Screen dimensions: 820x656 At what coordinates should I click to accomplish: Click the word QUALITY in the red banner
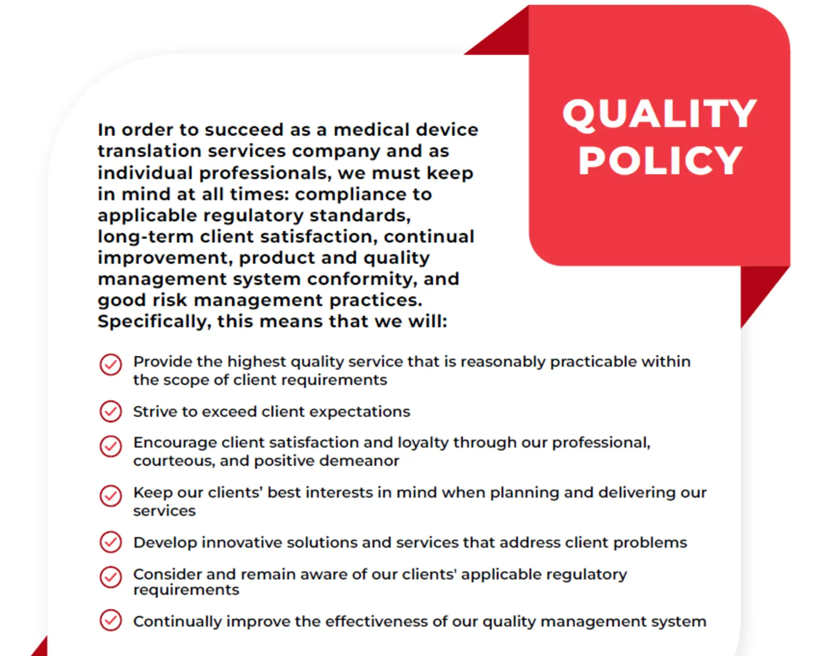pyautogui.click(x=659, y=115)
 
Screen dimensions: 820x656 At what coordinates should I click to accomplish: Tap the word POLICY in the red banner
pyautogui.click(x=660, y=161)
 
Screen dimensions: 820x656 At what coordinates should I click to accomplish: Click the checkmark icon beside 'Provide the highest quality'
pyautogui.click(x=111, y=364)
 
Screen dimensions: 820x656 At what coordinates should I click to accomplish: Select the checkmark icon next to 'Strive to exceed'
pyautogui.click(x=111, y=411)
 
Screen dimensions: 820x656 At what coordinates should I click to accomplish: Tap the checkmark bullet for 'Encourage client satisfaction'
pyautogui.click(x=111, y=446)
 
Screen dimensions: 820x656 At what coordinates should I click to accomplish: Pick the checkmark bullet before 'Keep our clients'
pyautogui.click(x=111, y=496)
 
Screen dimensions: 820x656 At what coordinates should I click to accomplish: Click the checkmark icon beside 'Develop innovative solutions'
pyautogui.click(x=111, y=542)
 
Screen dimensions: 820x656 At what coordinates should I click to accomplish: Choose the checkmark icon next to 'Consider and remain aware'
pyautogui.click(x=111, y=577)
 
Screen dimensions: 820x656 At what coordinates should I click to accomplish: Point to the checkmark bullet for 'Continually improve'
pyautogui.click(x=111, y=620)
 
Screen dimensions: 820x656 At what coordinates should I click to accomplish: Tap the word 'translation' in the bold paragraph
pyautogui.click(x=150, y=151)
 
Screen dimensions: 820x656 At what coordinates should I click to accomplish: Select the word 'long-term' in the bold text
pyautogui.click(x=146, y=237)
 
